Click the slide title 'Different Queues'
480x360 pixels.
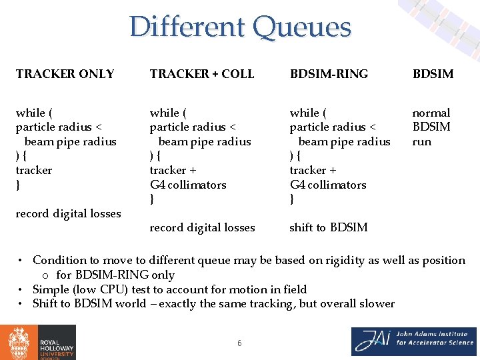[240, 27]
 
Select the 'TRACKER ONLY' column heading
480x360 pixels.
[65, 74]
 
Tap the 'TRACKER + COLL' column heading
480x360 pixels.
[202, 74]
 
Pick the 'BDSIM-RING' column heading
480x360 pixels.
[329, 74]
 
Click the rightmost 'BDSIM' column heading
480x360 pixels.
[433, 74]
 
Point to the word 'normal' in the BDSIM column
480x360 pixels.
[431, 113]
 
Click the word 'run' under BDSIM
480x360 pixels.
[421, 141]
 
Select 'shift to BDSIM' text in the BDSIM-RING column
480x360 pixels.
[328, 227]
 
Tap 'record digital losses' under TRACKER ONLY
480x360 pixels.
[68, 213]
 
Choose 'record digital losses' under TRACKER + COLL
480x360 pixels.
[202, 227]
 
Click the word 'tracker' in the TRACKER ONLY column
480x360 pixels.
[34, 170]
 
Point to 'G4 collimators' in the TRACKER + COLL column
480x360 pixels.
[188, 185]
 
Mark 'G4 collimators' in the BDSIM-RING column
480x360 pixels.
[328, 185]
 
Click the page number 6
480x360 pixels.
[239, 343]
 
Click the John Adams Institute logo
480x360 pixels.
[414, 341]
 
